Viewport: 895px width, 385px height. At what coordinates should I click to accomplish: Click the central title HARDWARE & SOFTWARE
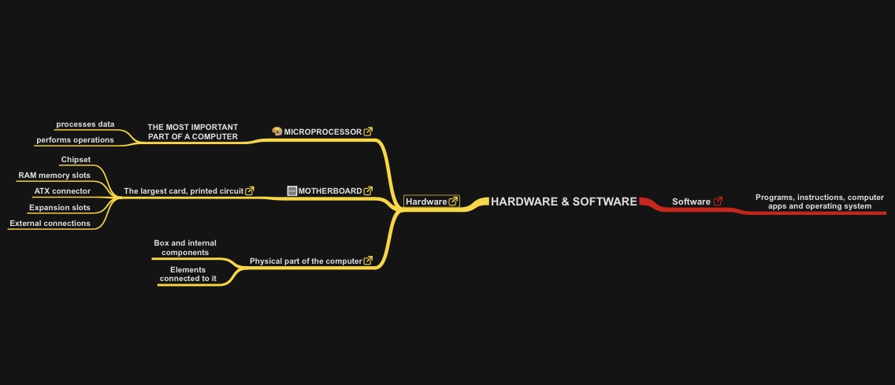(563, 202)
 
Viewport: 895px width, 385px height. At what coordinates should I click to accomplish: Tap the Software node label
(691, 202)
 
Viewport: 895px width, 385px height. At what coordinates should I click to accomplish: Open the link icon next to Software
(718, 202)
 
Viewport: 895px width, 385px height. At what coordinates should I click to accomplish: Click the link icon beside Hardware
(453, 202)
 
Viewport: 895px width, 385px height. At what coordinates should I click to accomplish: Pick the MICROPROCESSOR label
(322, 131)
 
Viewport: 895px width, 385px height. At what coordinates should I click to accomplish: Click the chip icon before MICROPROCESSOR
(277, 131)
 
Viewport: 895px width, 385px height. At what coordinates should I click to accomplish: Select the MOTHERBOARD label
(329, 191)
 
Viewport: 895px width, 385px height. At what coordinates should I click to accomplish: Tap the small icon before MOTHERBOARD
(292, 191)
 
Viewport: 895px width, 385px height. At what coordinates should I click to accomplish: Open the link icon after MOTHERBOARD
(368, 191)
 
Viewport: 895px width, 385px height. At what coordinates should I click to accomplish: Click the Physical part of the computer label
(306, 261)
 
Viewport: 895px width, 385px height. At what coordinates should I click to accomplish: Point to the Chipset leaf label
(76, 160)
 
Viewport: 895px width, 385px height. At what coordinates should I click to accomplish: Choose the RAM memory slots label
(54, 175)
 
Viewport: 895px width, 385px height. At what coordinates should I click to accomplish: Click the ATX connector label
(62, 191)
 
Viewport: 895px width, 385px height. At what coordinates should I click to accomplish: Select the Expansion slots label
(59, 208)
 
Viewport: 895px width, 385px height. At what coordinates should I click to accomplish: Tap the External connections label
(50, 223)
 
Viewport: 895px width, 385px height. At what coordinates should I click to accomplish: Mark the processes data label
(85, 124)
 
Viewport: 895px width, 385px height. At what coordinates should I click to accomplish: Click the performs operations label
(75, 139)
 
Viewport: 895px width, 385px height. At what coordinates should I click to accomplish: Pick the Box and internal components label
(185, 248)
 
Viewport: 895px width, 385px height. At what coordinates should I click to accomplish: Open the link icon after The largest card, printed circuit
(250, 191)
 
